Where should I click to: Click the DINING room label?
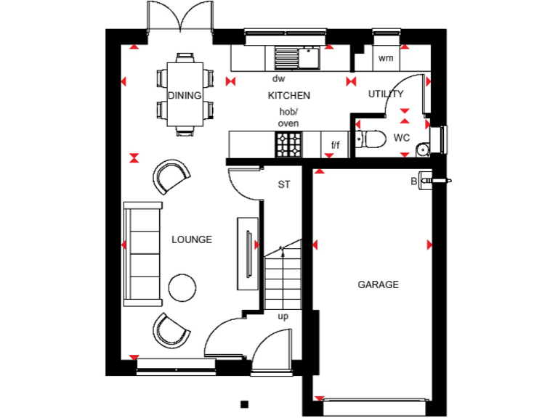(185, 95)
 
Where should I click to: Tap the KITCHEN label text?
(289, 95)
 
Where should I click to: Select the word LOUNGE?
(192, 239)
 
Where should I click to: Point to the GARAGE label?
(378, 284)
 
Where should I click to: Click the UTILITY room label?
(386, 94)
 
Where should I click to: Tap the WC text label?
(402, 137)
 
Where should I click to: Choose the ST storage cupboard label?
(284, 184)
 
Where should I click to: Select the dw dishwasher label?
(278, 78)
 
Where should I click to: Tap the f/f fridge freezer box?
(335, 145)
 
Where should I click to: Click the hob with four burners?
(288, 144)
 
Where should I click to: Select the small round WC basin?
(423, 149)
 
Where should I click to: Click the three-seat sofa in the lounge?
(143, 252)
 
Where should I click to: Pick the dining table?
(185, 94)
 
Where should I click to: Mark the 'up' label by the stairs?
(283, 317)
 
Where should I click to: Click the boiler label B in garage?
(413, 181)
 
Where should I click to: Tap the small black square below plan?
(245, 404)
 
